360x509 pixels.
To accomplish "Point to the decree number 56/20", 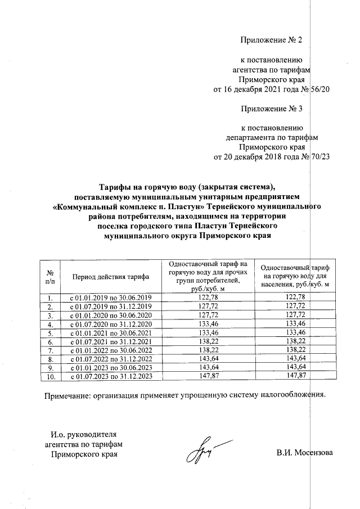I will [319, 89].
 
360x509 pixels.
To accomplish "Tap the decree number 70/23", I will [319, 157].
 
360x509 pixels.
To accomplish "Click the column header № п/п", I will [50, 276].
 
